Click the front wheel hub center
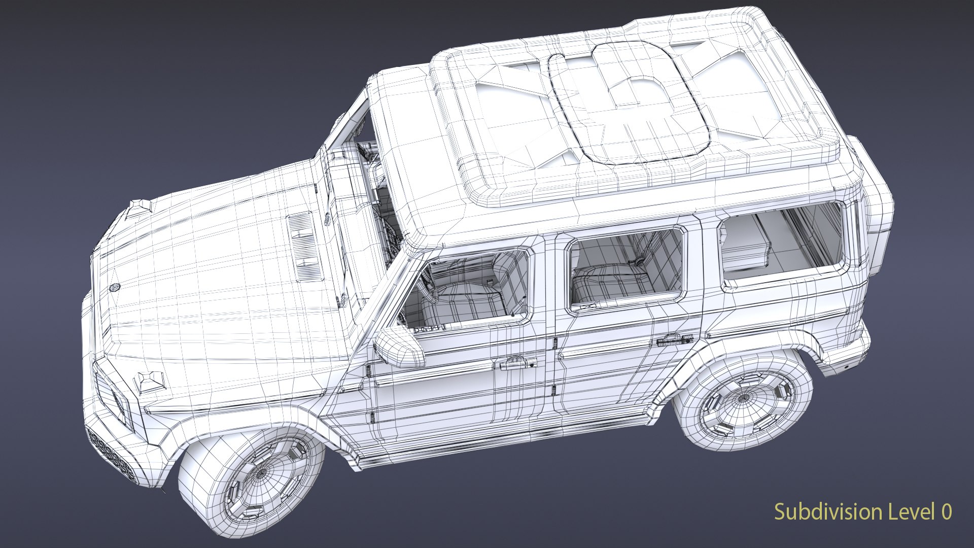click(261, 473)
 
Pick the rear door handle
click(675, 339)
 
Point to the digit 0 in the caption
click(946, 511)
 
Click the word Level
click(912, 511)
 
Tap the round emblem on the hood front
click(115, 288)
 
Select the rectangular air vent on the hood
click(304, 247)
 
